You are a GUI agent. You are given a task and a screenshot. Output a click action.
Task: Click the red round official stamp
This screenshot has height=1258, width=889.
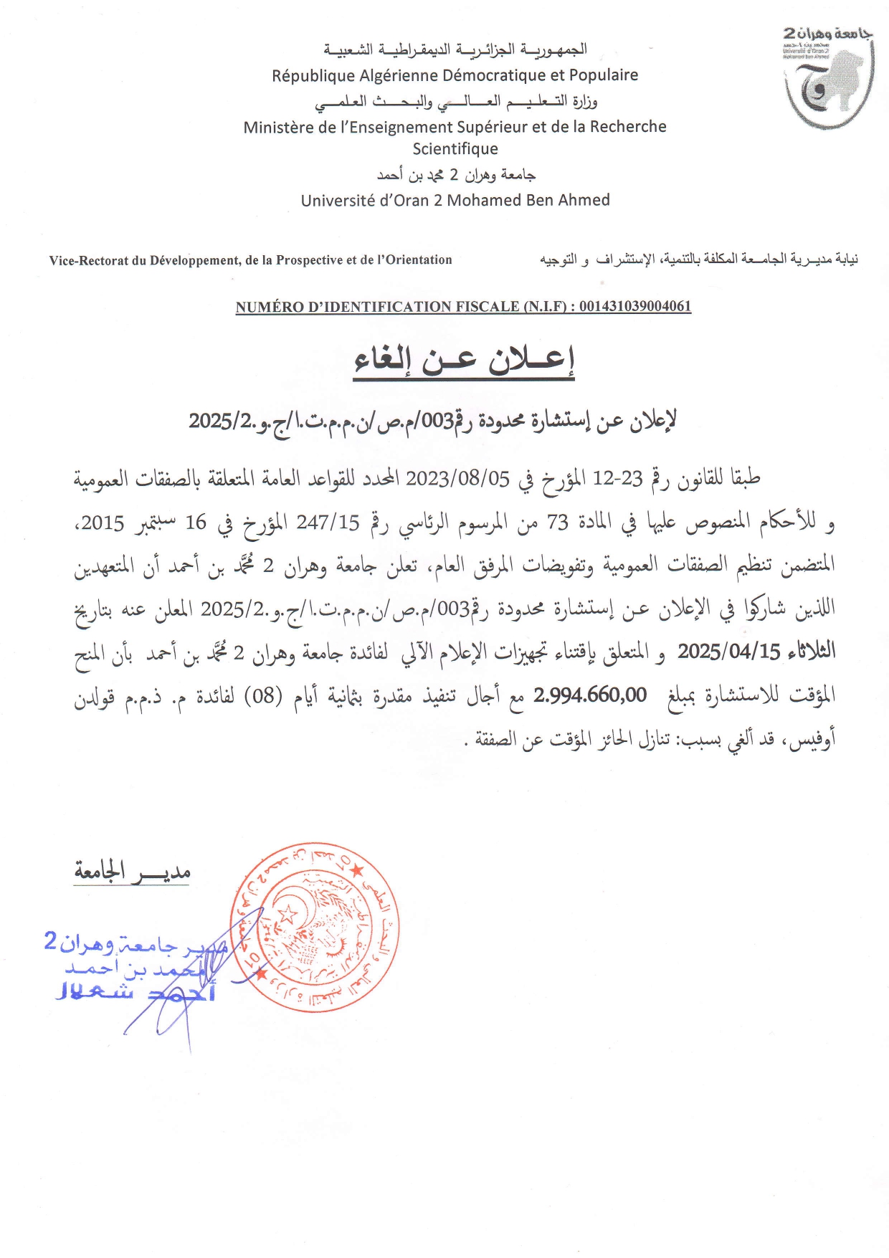click(315, 927)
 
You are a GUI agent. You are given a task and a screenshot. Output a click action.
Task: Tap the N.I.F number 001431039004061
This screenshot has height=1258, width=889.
click(635, 307)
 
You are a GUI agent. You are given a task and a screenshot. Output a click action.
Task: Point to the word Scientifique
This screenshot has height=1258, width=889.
click(455, 149)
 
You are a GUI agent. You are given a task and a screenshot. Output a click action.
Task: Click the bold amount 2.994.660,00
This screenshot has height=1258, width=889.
click(590, 695)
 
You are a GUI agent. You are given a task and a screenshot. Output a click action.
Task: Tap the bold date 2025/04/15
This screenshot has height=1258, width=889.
click(728, 652)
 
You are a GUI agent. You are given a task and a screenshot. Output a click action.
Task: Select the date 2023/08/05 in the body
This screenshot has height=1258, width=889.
click(457, 478)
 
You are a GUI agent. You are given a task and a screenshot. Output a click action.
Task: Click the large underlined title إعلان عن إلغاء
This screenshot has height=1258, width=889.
click(465, 360)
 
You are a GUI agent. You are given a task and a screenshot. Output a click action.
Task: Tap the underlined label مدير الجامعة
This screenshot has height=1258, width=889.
click(132, 872)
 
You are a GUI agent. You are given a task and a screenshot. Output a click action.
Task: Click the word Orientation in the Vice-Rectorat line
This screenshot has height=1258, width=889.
click(419, 260)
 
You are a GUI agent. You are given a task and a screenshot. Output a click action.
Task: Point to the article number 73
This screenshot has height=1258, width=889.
click(557, 523)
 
